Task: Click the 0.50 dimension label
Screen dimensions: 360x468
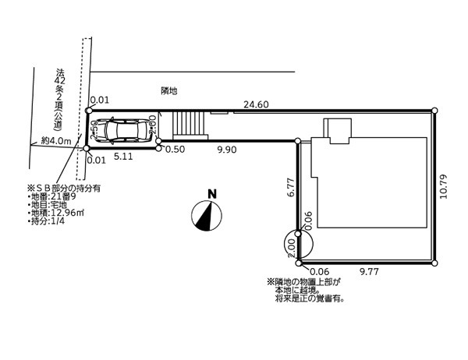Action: pos(175,148)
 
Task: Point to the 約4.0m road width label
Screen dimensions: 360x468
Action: pos(56,142)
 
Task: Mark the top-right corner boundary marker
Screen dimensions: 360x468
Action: pos(435,111)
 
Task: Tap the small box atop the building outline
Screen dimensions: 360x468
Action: pos(339,129)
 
